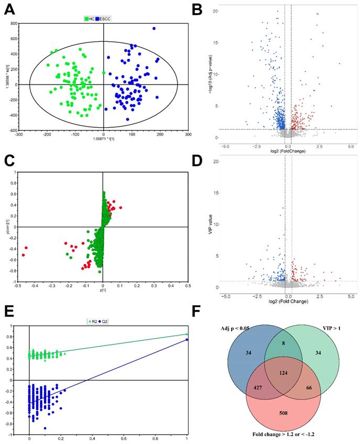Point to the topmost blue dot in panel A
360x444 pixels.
154,29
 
